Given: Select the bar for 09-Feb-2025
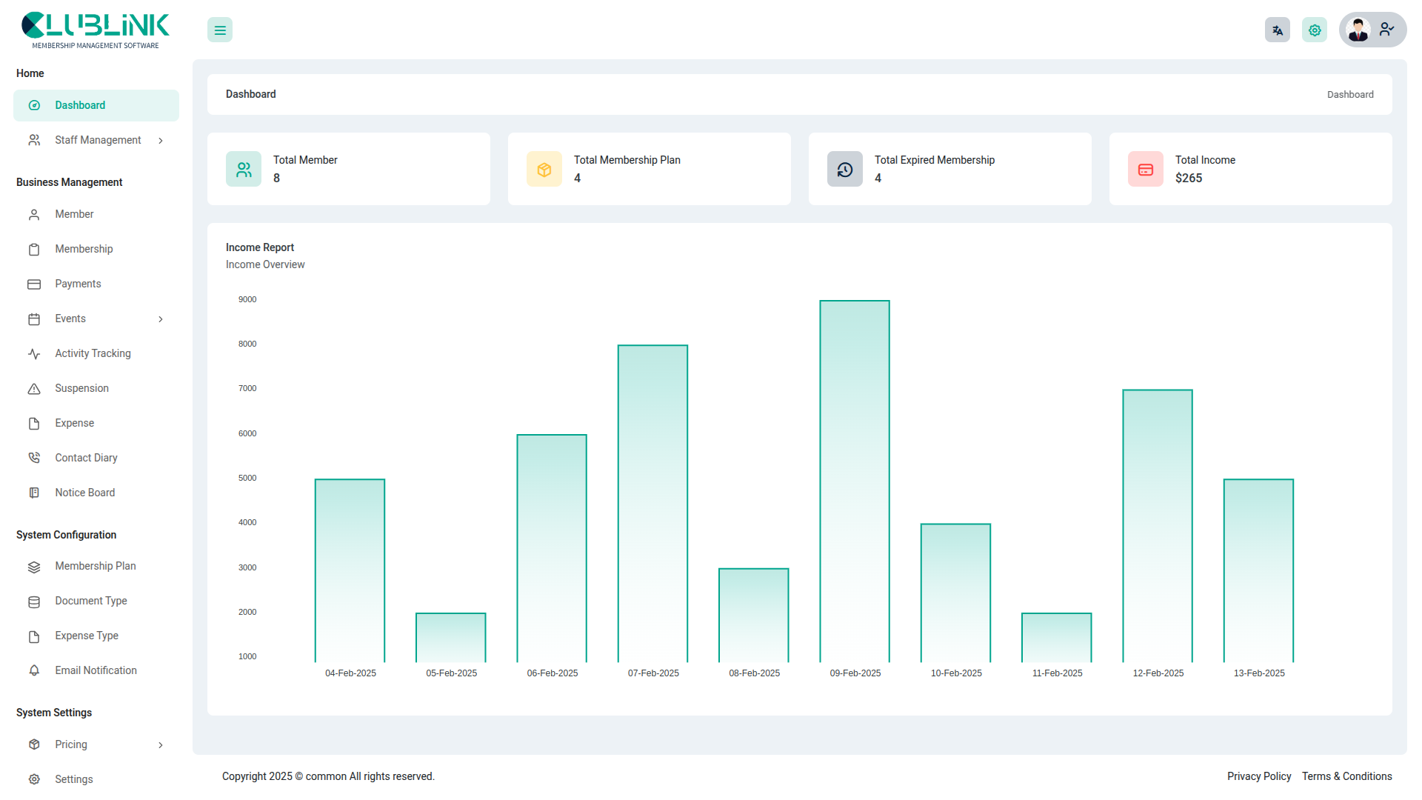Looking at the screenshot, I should pos(855,481).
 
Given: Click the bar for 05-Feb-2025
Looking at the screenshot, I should pos(451,638).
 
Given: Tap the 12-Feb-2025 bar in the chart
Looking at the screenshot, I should pos(1158,526).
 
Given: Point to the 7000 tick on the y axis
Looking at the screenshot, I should pos(247,389).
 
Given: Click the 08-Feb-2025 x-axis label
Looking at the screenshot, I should pos(754,673).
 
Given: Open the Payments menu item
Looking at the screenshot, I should pos(78,284).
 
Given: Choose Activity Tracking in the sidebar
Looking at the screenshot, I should pos(93,353).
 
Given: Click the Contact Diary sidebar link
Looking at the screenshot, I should pos(86,458).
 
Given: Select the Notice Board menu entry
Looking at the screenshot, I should pos(84,493).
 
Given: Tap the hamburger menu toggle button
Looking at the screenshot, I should pos(220,30).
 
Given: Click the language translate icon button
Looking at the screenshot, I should pos(1278,30).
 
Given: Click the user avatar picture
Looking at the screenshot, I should pos(1358,30).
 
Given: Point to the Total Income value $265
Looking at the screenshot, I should pos(1189,179).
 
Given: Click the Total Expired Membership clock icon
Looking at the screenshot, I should pos(845,170).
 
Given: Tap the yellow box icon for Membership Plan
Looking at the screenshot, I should pos(544,170).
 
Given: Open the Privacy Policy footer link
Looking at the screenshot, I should pos(1259,776).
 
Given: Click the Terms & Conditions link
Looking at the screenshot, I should pos(1347,776).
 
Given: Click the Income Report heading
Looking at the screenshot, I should pos(260,247).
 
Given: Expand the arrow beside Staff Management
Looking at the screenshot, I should pos(161,141).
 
